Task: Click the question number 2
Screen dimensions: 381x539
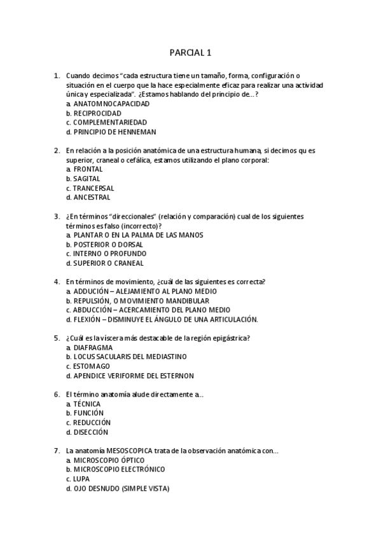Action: click(x=57, y=151)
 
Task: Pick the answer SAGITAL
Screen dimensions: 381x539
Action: click(x=87, y=179)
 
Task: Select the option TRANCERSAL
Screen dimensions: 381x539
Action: click(x=93, y=188)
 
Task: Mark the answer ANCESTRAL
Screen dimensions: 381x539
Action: click(x=92, y=198)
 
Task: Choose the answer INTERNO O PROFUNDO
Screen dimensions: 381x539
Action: click(x=107, y=254)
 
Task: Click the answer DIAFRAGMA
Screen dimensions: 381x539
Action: click(x=93, y=348)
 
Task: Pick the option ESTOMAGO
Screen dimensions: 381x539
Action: click(x=91, y=366)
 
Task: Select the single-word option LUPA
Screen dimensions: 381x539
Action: click(x=81, y=479)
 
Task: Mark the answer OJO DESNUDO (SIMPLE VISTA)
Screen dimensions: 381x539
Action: click(x=121, y=488)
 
